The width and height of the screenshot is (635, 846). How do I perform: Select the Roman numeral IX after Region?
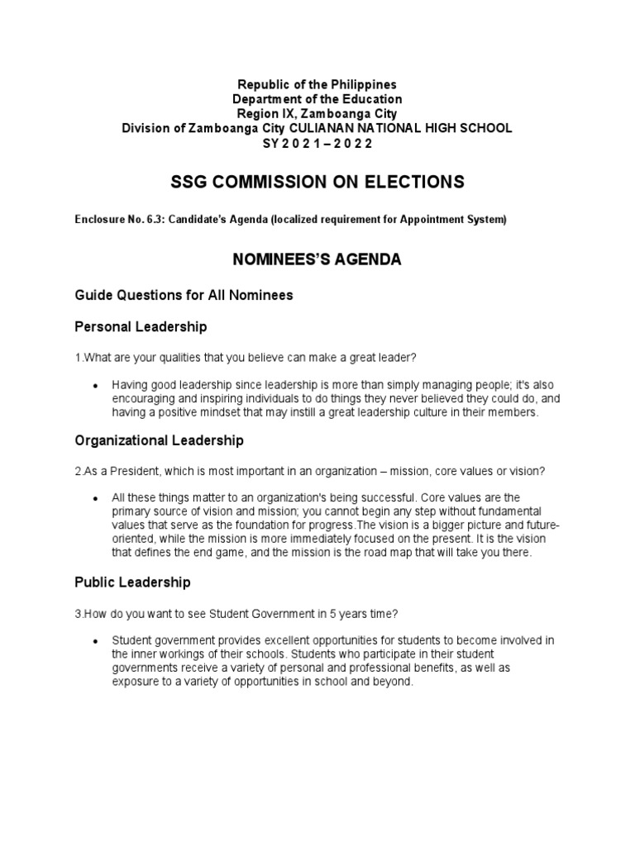click(x=286, y=113)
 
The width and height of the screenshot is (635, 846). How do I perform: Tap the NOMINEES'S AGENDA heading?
click(x=317, y=259)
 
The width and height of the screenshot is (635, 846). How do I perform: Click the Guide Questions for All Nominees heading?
click(x=184, y=295)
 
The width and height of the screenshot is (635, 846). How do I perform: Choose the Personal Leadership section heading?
click(x=141, y=327)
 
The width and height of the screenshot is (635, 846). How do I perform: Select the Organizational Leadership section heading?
click(x=159, y=440)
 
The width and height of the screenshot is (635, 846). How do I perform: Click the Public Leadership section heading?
click(x=132, y=582)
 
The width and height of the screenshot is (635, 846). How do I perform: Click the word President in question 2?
click(x=125, y=471)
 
